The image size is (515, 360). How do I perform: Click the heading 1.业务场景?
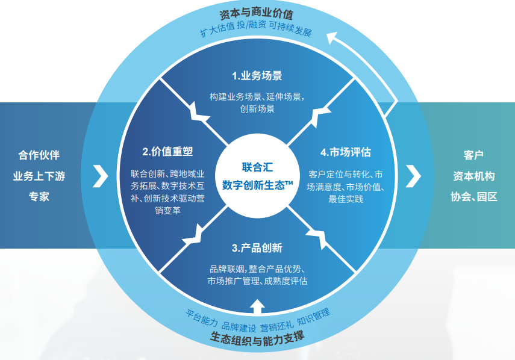(257, 76)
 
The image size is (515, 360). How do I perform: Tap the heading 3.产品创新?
(257, 248)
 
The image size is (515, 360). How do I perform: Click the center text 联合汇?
(257, 167)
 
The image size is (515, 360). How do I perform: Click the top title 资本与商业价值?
(257, 13)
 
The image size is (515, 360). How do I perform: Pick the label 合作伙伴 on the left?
(39, 155)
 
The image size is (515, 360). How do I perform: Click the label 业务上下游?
(39, 176)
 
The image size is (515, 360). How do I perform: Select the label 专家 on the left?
(39, 196)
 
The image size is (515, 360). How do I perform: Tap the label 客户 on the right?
(473, 155)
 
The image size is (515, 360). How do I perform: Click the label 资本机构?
(473, 176)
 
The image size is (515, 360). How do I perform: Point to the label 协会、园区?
(473, 196)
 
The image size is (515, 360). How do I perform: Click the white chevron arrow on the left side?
(101, 175)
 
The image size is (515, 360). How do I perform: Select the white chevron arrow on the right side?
(413, 175)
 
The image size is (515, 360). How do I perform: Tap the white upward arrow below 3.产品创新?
(257, 307)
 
